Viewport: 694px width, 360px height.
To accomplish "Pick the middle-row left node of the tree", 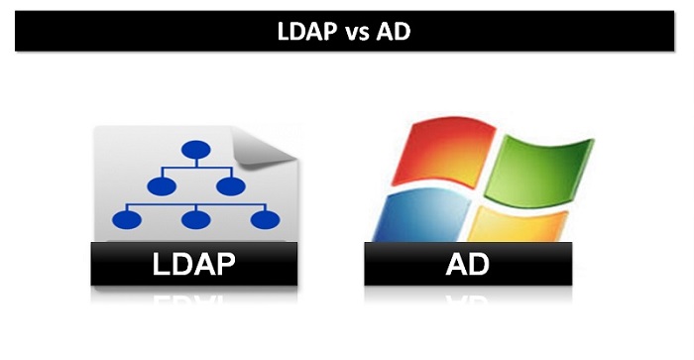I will (160, 185).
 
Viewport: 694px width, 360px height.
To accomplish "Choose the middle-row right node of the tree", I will (230, 185).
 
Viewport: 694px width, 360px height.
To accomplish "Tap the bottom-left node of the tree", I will (126, 218).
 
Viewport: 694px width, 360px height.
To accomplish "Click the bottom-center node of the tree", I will (195, 218).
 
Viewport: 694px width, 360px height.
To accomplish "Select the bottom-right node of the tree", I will (264, 218).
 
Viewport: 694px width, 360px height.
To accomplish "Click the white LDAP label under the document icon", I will (195, 266).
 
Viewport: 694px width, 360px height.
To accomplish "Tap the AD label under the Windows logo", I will (468, 266).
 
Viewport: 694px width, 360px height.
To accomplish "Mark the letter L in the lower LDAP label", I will (160, 266).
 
